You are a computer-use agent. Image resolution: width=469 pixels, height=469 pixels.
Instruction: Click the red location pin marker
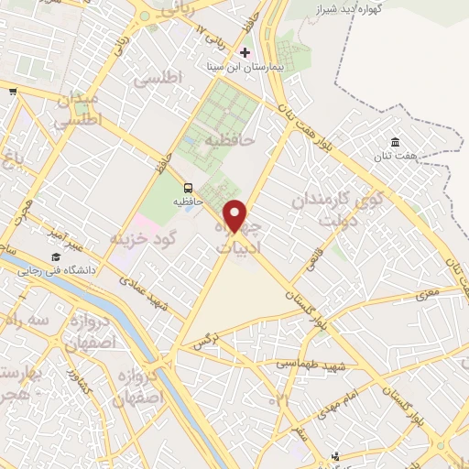coord(235,215)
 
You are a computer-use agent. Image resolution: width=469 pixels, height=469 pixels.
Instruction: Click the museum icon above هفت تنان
coord(395,142)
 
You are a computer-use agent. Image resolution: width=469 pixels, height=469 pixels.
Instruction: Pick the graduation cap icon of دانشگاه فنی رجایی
coord(56,257)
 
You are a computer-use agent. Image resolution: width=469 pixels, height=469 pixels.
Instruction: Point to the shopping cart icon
coord(14,91)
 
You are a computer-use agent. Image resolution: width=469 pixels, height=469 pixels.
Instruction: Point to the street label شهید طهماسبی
coord(313,365)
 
